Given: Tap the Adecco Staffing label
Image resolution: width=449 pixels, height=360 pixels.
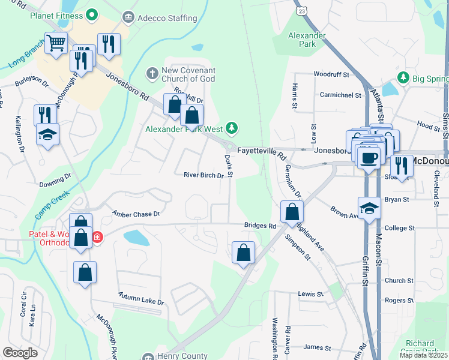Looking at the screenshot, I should coord(159,17).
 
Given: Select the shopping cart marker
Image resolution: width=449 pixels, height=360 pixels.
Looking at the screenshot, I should coord(56,43).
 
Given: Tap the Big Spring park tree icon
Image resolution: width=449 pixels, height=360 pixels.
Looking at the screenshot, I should coord(403,78).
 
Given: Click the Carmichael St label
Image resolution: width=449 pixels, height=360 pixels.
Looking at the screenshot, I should coord(340,95).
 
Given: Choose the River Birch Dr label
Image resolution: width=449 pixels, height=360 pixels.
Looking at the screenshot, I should coord(203,176).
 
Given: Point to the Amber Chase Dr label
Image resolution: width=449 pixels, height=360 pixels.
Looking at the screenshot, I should coord(136,214).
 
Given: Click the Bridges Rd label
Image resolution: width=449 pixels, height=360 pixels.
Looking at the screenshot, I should coord(259,226).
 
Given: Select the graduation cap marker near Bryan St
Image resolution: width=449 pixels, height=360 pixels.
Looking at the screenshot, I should coord(370,209).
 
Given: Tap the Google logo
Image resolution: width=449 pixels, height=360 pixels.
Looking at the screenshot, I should coord(20,353).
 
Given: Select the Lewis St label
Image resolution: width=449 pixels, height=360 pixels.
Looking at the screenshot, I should coord(311,295).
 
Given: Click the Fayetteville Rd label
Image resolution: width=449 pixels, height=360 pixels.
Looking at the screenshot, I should coord(261,151).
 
